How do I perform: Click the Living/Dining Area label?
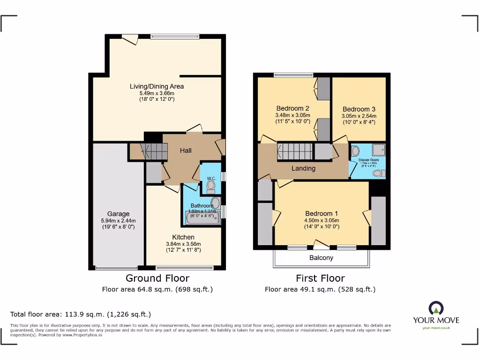157,86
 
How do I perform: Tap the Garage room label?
118,214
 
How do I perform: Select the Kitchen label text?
183,237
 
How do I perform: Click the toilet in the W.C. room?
210,187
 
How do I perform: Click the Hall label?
186,150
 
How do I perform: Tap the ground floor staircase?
154,151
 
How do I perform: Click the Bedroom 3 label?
359,109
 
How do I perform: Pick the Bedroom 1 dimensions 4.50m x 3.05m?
321,220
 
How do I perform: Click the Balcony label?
321,258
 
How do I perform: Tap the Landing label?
303,168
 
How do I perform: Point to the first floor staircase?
295,151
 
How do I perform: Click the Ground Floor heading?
157,278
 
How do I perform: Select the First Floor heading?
320,278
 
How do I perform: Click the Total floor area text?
81,314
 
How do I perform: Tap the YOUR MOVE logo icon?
436,308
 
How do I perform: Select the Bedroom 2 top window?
293,74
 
